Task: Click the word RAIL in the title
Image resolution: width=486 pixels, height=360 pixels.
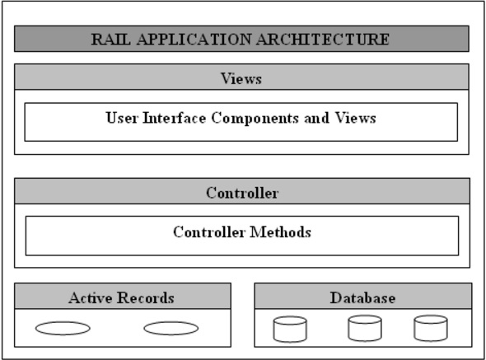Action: [x=109, y=39]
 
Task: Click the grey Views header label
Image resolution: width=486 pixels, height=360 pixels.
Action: [x=241, y=79]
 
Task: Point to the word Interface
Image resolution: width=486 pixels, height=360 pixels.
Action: [x=173, y=118]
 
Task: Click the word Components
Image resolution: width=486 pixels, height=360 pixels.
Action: [x=250, y=118]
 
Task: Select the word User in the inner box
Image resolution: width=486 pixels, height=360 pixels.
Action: [x=121, y=118]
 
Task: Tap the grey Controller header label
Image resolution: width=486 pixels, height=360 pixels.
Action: [x=241, y=194]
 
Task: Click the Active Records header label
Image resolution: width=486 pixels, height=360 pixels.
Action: [x=121, y=297]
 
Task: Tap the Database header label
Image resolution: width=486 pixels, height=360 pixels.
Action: [x=362, y=297]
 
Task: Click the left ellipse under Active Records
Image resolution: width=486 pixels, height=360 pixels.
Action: [x=63, y=328]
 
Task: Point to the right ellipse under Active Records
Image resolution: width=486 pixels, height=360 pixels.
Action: [x=171, y=328]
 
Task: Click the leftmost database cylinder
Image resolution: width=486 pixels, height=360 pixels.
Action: [x=289, y=329]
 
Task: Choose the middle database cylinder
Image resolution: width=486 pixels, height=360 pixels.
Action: [x=364, y=328]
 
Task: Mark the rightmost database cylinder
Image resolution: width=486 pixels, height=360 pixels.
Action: [x=429, y=328]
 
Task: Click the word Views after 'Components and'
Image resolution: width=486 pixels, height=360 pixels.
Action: [x=357, y=118]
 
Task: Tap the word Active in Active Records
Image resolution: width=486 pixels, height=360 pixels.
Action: [x=91, y=297]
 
